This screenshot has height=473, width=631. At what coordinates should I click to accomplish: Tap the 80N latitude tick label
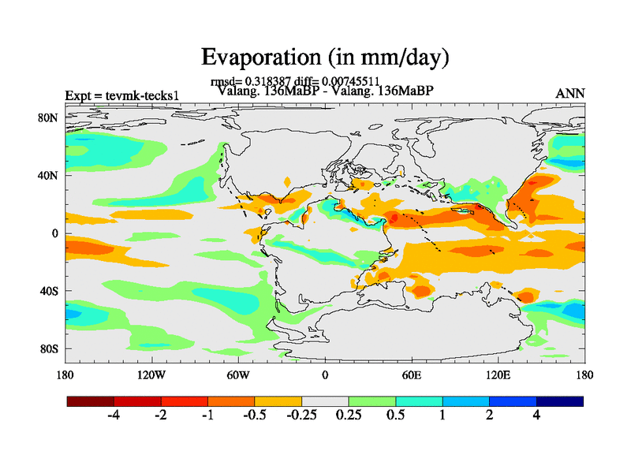[x=49, y=117]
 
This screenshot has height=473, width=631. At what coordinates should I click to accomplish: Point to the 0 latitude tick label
[x=55, y=233]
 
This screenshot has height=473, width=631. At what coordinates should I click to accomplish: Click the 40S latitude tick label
[x=49, y=291]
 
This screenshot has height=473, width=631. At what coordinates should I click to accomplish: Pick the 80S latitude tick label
[x=49, y=348]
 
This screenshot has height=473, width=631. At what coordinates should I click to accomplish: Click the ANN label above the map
[x=570, y=94]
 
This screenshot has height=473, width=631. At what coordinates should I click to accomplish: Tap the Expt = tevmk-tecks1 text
[x=122, y=95]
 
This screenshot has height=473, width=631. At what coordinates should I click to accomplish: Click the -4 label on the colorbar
[x=114, y=416]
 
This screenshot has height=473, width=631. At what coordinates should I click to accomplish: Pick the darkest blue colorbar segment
[x=559, y=401]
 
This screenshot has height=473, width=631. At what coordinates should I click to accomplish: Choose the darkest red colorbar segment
[x=91, y=401]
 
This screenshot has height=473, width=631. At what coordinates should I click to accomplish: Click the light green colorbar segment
[x=372, y=401]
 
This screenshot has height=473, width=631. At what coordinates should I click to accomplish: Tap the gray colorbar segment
[x=325, y=401]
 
